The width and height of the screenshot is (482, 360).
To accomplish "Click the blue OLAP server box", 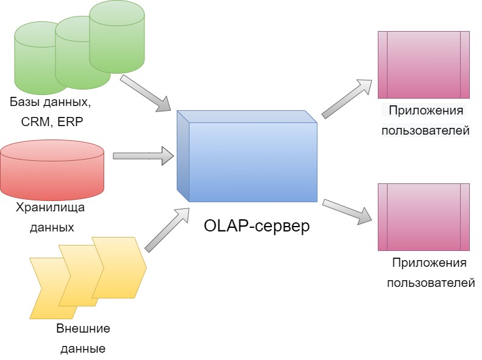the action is coord(247,156).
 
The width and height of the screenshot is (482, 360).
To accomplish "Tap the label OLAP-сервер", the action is coord(257,226).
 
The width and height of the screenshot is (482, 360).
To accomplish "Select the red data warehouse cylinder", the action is coord(52,170).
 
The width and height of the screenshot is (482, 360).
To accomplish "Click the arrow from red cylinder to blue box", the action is coord(144,156).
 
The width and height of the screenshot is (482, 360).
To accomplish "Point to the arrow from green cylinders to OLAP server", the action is coord(146,93).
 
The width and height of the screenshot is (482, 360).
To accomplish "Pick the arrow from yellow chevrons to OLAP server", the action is coord(167,230).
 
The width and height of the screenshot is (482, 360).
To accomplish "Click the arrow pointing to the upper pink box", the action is coord(347,99).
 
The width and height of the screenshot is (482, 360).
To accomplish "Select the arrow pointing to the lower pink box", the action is coord(347,211).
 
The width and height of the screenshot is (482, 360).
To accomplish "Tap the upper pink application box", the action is coord(424,65).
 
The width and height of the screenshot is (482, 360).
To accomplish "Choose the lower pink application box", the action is coord(424,217).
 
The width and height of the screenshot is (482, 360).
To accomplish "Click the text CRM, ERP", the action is coord(52,122).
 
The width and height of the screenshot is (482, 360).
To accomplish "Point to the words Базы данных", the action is coord(51,102).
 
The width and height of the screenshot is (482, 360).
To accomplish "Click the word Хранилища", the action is coord(50,208).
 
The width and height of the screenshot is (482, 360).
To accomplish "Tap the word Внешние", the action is coord(83,328).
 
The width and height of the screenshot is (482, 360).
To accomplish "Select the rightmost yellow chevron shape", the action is coord(119,267).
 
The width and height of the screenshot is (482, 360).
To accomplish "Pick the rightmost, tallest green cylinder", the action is coord(117,37).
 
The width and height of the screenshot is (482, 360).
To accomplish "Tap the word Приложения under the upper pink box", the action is coord(426,111).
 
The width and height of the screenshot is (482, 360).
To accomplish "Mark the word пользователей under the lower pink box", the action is coord(431,283).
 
